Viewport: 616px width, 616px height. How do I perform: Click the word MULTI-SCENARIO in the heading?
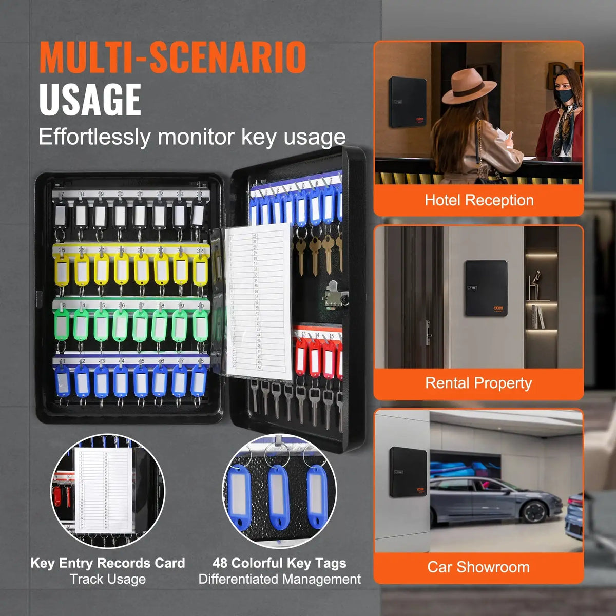pyautogui.click(x=173, y=57)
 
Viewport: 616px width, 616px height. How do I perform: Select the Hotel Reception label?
pyautogui.click(x=479, y=200)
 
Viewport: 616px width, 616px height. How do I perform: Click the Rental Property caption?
pyautogui.click(x=478, y=383)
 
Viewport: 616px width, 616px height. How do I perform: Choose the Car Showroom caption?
pyautogui.click(x=478, y=567)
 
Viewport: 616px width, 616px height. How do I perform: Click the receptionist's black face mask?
pyautogui.click(x=563, y=95)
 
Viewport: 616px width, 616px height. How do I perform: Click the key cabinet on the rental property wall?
pyautogui.click(x=486, y=288)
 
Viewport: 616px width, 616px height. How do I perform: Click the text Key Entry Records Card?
pyautogui.click(x=108, y=563)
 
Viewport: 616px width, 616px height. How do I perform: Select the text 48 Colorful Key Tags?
pyautogui.click(x=280, y=563)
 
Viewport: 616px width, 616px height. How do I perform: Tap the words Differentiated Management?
pyautogui.click(x=280, y=580)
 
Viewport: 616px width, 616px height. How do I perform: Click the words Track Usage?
pyautogui.click(x=108, y=580)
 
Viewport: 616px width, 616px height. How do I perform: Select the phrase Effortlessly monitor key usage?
pyautogui.click(x=192, y=137)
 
